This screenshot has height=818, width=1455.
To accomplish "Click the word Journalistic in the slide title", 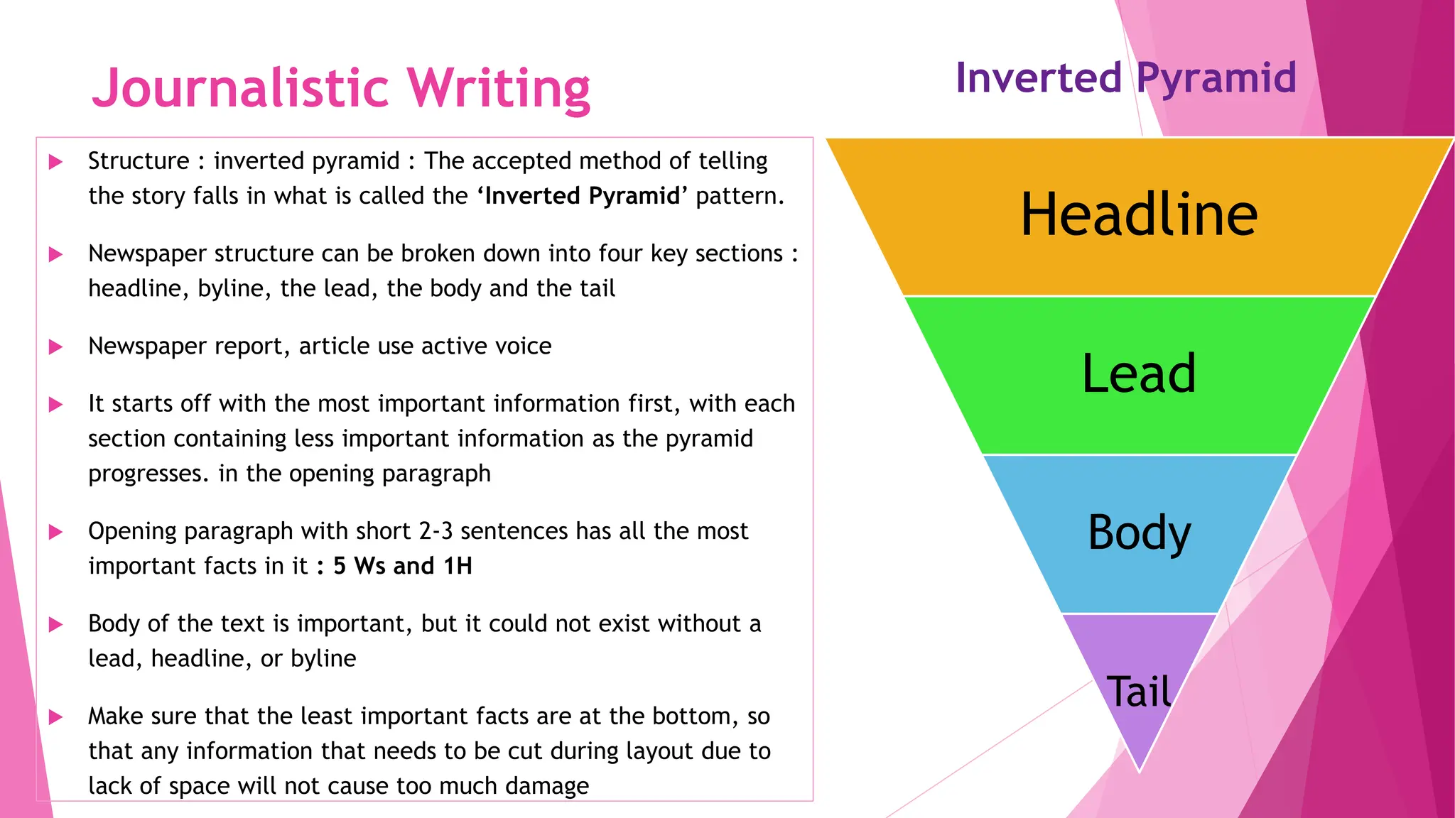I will [241, 88].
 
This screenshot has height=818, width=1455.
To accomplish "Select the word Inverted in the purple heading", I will [1038, 77].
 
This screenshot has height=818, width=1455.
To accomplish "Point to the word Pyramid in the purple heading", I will [1216, 79].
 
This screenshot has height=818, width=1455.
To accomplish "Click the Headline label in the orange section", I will [1139, 214].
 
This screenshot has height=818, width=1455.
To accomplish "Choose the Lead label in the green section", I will [1139, 373].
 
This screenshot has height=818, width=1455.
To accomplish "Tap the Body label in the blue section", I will [1139, 532].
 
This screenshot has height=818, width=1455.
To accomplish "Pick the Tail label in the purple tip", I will [1139, 691].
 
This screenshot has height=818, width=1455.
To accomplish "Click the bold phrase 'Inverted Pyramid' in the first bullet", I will [583, 196].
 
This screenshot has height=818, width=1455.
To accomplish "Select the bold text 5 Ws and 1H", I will [403, 566].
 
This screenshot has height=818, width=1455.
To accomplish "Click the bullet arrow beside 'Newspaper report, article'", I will [55, 347].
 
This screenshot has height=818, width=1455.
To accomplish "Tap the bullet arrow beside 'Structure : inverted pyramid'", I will [55, 162].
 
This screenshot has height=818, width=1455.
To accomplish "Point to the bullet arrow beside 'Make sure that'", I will [55, 717].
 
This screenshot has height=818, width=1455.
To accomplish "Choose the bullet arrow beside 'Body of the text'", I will [55, 625].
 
